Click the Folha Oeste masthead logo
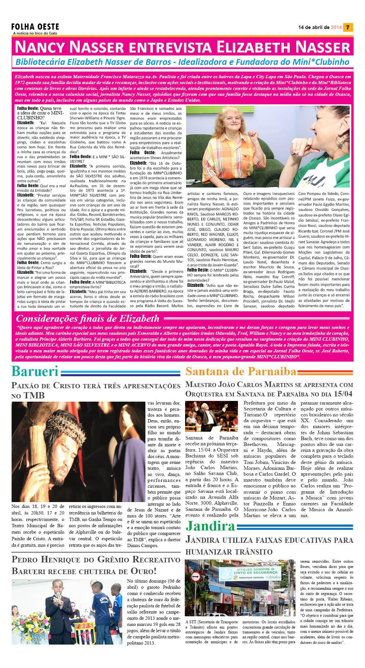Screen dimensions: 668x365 click(35, 27)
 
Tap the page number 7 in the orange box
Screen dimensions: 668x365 click(348, 27)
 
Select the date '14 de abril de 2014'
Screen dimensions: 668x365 click(320, 27)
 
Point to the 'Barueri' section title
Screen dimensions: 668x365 click(35, 371)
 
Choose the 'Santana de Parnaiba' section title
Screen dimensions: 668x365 click(241, 371)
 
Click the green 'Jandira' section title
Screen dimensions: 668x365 click(210, 526)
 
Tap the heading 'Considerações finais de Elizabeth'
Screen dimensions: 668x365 click(88, 319)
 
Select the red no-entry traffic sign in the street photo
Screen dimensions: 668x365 click(195, 577)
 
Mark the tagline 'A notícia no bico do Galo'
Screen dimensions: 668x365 click(35, 33)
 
